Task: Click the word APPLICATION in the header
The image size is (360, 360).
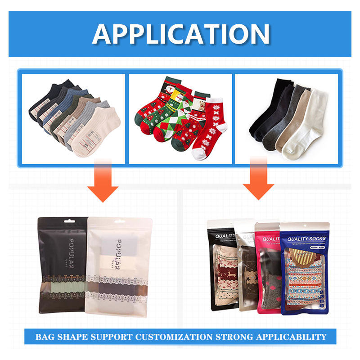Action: [181, 34]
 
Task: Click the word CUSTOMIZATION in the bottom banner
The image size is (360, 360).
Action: [170, 337]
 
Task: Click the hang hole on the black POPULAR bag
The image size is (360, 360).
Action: [62, 222]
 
